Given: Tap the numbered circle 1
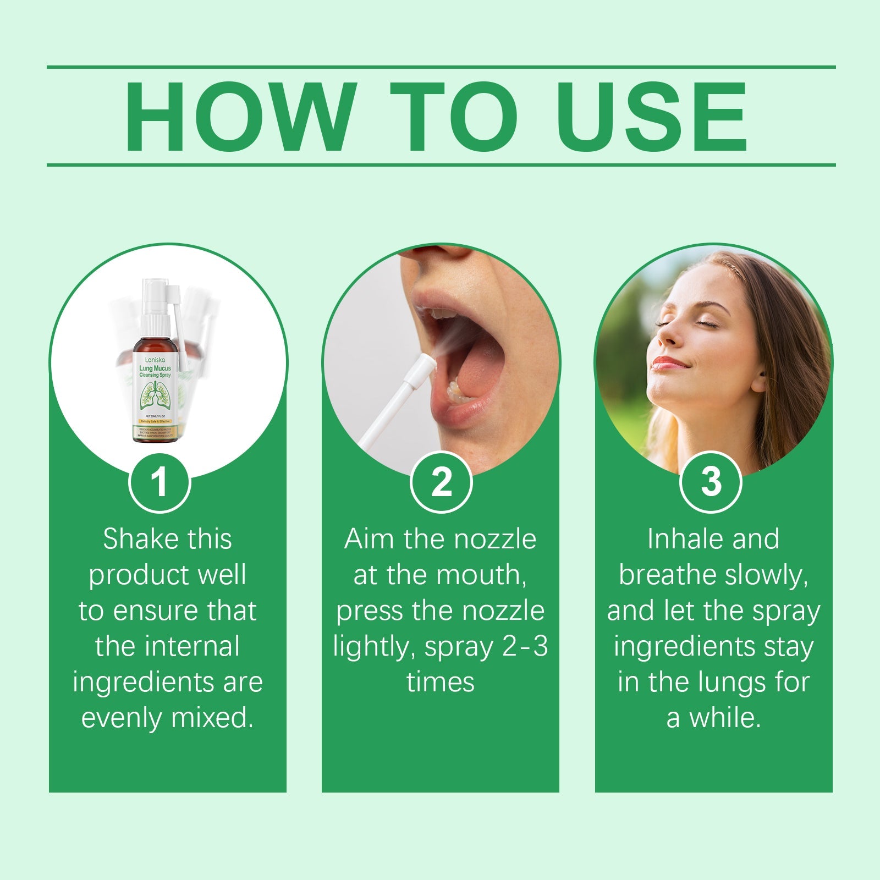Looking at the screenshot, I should click(x=159, y=482).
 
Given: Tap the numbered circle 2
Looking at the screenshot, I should click(x=441, y=482).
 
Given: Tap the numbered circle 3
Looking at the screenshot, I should click(x=711, y=482).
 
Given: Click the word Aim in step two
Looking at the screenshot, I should click(x=369, y=539).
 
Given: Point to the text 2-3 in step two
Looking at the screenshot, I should click(x=525, y=646).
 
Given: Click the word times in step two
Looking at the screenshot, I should click(x=440, y=682).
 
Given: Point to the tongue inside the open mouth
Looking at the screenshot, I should click(x=479, y=374).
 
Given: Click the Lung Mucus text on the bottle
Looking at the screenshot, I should click(x=155, y=369).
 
